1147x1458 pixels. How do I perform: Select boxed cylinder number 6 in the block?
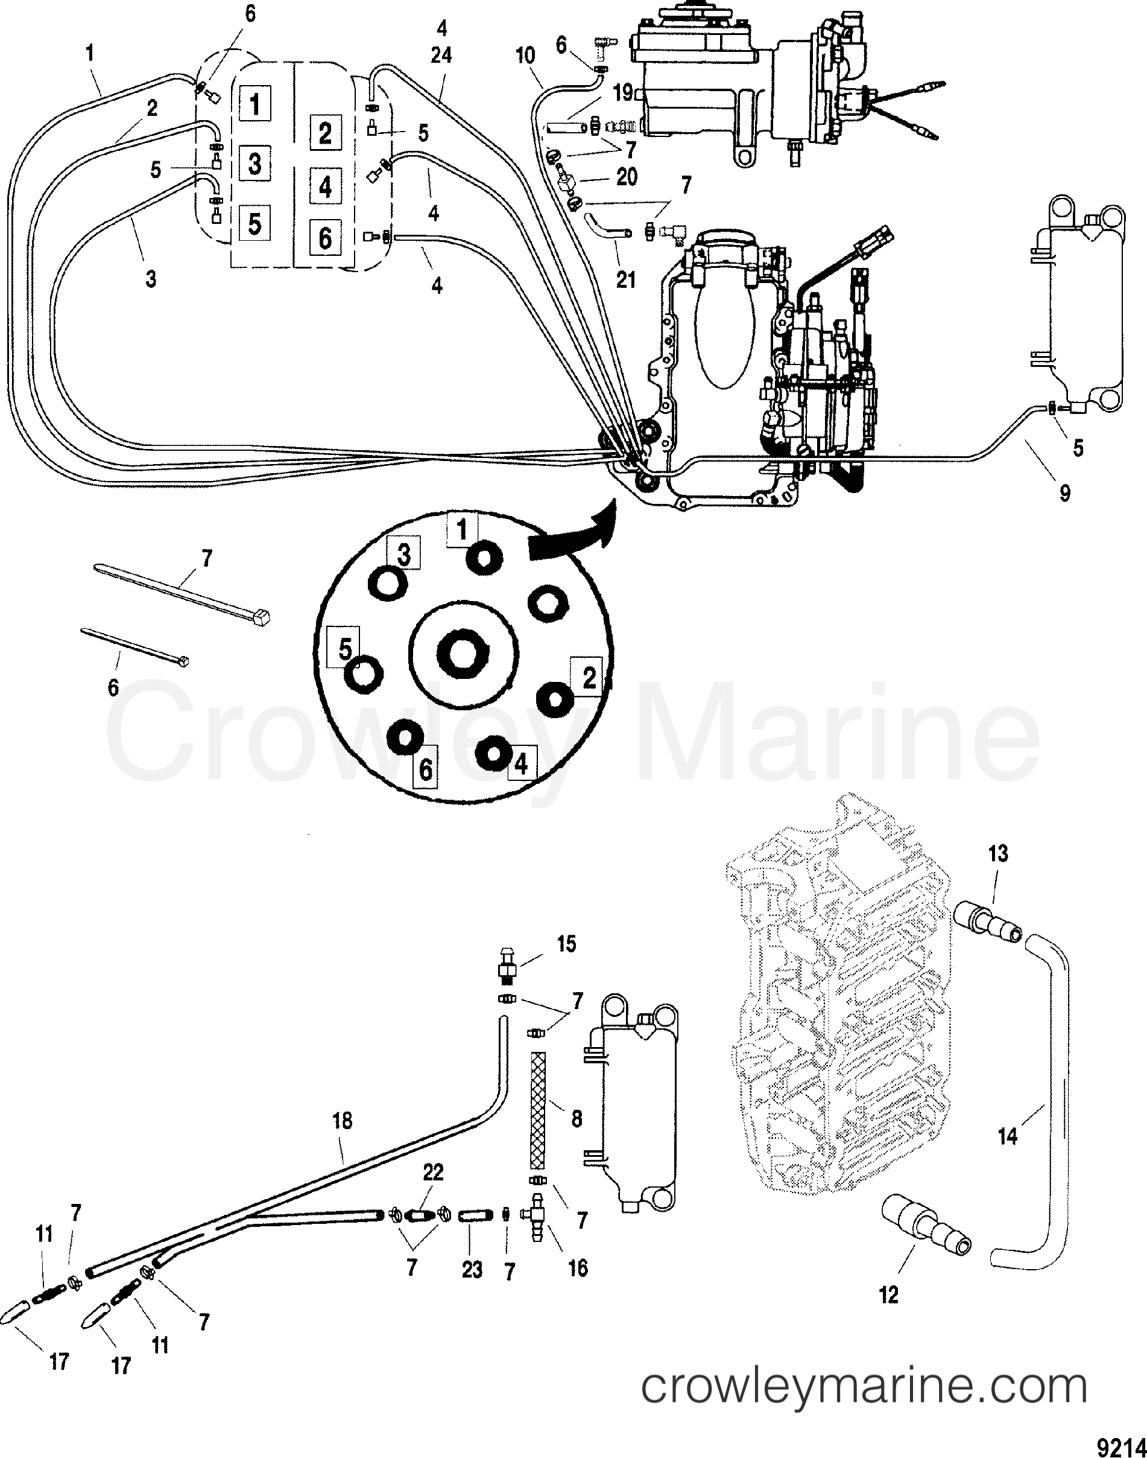click(325, 238)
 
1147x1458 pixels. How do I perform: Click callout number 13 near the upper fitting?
click(998, 854)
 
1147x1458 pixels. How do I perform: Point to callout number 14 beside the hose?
click(1006, 1136)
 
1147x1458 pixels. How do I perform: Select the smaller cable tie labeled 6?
click(134, 646)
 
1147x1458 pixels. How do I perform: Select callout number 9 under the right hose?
click(1064, 494)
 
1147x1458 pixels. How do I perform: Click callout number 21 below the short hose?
click(625, 279)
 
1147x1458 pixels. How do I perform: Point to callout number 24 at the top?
click(441, 55)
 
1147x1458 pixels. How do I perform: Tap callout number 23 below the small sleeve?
click(472, 1269)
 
